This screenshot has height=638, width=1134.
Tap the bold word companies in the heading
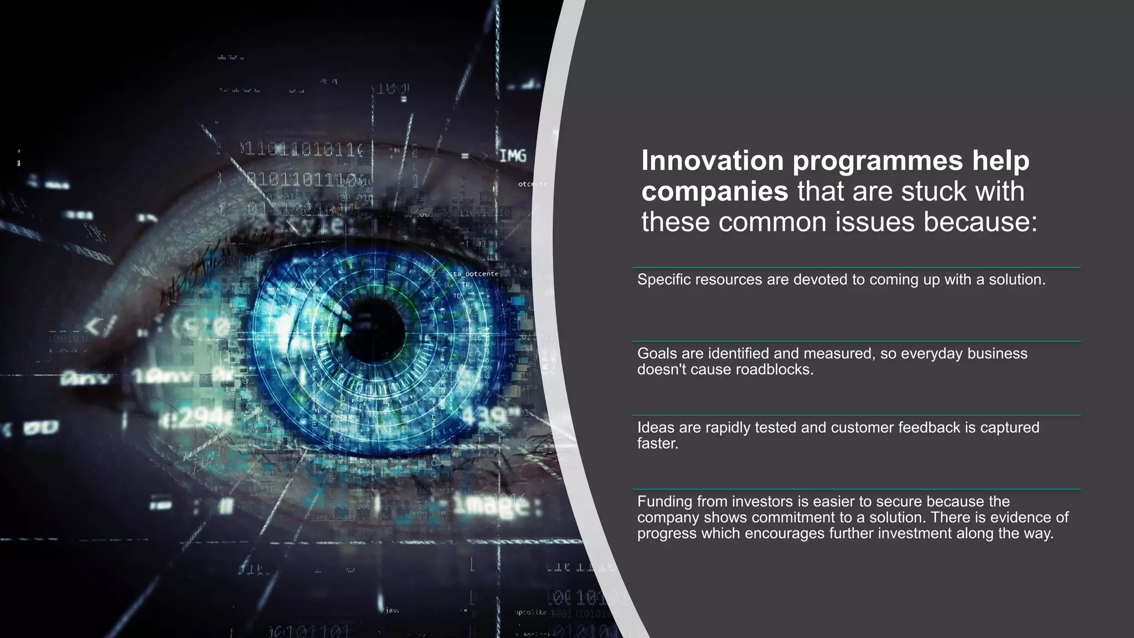714,192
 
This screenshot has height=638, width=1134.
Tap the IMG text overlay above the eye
513,157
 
